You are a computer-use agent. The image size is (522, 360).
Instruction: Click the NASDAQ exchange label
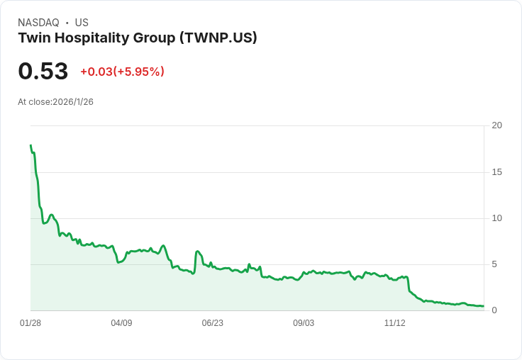[x=38, y=23]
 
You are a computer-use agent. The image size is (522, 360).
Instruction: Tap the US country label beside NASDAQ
[x=82, y=23]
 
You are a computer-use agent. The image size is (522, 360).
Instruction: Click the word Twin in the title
[x=33, y=38]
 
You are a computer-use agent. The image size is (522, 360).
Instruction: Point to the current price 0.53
[x=43, y=71]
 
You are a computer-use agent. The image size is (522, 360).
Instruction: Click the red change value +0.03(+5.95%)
[x=122, y=72]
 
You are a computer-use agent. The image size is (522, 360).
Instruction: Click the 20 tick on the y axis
[x=496, y=125]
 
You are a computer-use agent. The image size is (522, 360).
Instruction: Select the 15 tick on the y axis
[x=496, y=172]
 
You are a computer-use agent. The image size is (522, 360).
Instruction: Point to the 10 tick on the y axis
[x=496, y=218]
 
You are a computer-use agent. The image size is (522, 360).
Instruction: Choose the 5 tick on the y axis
[x=494, y=264]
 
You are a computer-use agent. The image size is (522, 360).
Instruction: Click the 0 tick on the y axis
[x=494, y=310]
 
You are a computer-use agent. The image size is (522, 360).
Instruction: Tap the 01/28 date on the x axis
[x=30, y=323]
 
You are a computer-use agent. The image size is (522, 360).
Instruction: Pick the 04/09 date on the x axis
[x=121, y=323]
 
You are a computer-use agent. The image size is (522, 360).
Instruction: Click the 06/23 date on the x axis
[x=212, y=323]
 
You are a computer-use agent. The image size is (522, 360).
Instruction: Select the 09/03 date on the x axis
[x=304, y=323]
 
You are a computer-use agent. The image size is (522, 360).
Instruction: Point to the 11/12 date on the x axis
[x=394, y=323]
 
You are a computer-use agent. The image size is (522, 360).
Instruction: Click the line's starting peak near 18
[x=30, y=145]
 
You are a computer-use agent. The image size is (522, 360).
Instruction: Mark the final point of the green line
[x=483, y=306]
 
